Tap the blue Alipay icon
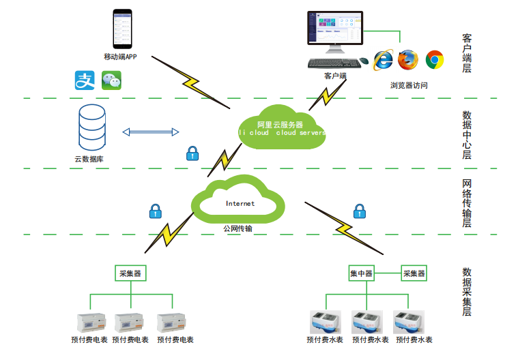pos(83,80)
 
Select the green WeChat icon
pos(111,80)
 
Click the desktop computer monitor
pos(334,31)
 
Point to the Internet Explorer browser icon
pos(383,60)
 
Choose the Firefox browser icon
pos(408,60)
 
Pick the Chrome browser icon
pos(435,60)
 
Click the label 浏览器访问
pos(409,85)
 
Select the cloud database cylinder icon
pos(91,128)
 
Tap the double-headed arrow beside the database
pos(150,132)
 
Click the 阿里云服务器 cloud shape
pos(280,125)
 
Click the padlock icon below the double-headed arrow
pos(192,153)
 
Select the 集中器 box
pos(361,274)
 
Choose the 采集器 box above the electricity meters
pos(130,274)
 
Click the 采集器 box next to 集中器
pos(414,274)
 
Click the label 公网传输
pos(238,228)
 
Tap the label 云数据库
pos(89,159)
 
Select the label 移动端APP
pos(120,56)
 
